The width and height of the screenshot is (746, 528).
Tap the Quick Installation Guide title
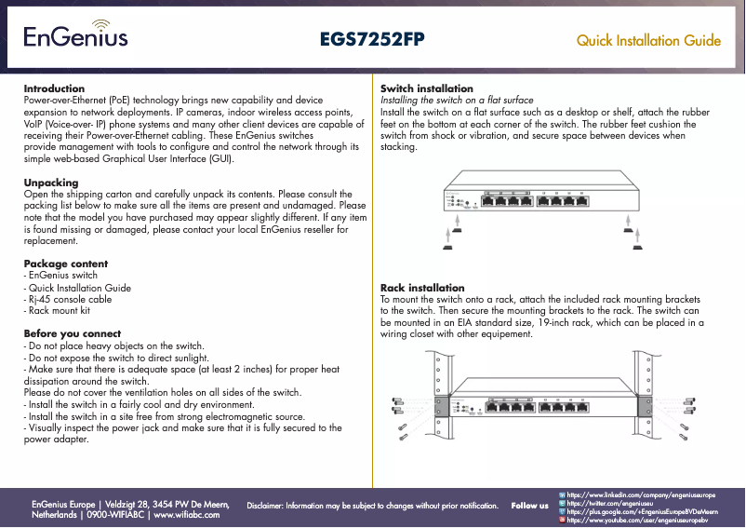click(x=648, y=41)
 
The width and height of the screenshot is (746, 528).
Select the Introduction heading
click(x=54, y=88)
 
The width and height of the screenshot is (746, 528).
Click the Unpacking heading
click(x=50, y=183)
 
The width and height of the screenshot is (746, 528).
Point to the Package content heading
click(x=65, y=264)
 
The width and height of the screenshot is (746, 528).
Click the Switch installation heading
click(x=427, y=88)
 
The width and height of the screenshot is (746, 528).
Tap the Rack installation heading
click(x=422, y=288)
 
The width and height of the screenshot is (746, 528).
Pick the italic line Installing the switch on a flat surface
click(x=458, y=100)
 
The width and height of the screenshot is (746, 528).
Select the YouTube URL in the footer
click(x=637, y=521)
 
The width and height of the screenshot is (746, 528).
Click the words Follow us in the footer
click(x=529, y=506)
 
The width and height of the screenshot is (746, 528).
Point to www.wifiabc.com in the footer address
click(x=192, y=514)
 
